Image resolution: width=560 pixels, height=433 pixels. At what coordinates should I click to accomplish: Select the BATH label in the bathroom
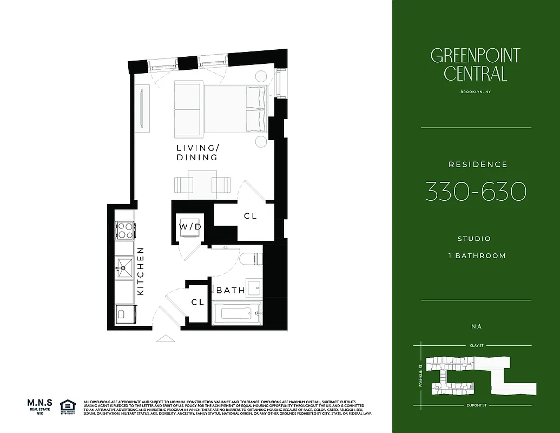coord(230,291)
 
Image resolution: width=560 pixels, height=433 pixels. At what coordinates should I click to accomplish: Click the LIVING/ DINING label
coord(197,153)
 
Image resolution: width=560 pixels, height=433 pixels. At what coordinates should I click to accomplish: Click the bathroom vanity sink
coord(254,286)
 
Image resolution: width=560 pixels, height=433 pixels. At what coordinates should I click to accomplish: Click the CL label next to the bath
coord(198,303)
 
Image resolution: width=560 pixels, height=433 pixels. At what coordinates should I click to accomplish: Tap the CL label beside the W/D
coord(250,216)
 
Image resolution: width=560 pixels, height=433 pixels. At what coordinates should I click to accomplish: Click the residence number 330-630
coord(476,192)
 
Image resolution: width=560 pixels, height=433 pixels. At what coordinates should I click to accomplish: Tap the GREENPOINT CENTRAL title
coord(476,64)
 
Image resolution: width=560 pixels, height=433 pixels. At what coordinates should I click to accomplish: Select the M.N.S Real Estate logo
coord(41,406)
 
